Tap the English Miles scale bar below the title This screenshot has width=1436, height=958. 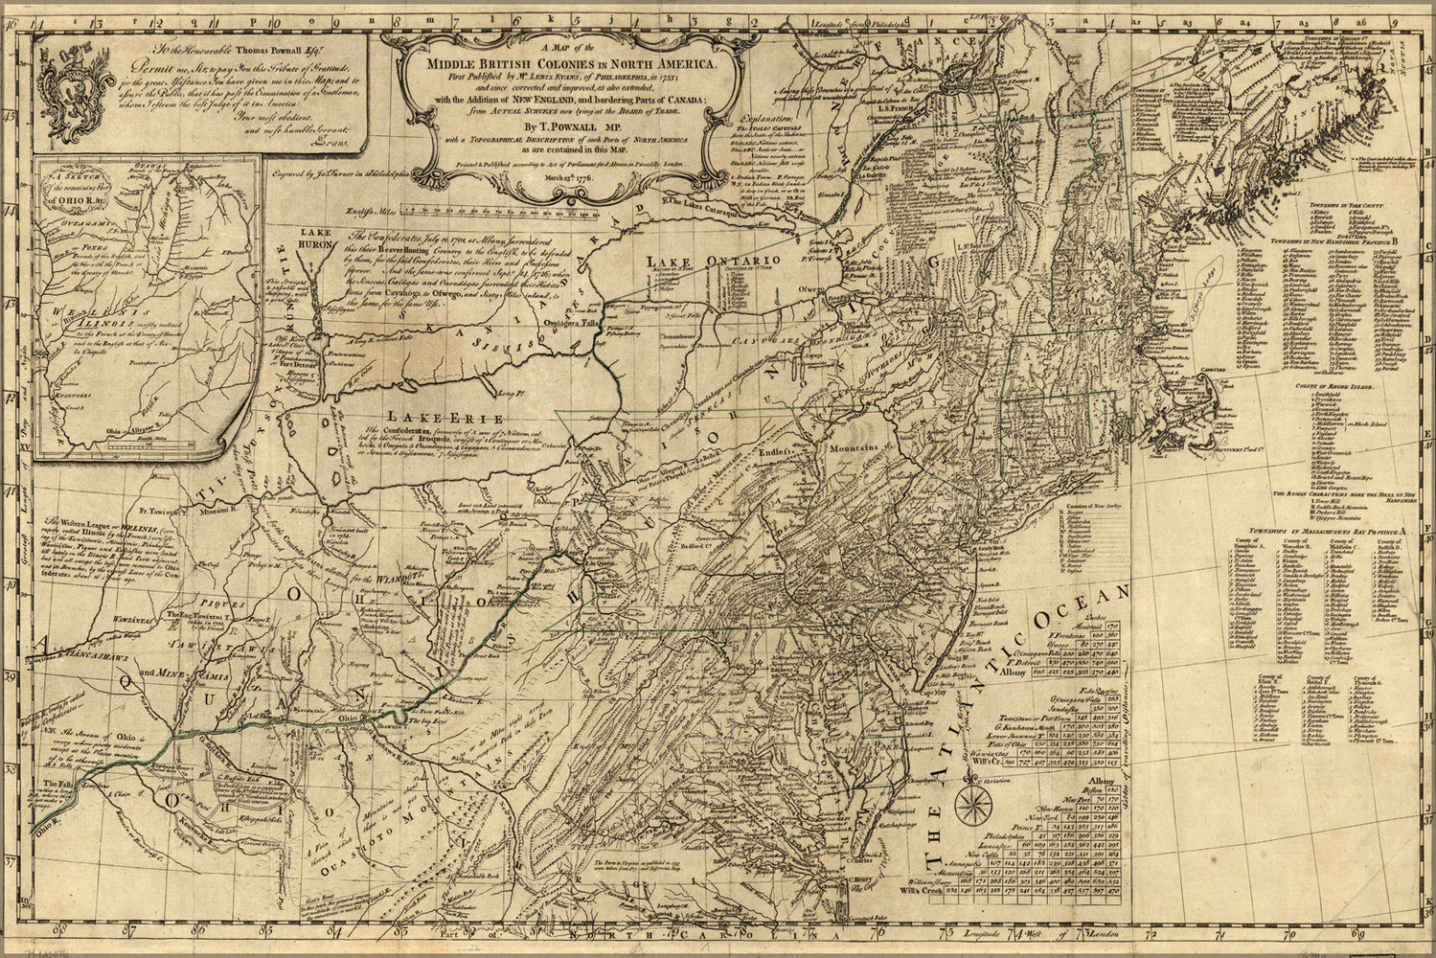[x=508, y=203]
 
